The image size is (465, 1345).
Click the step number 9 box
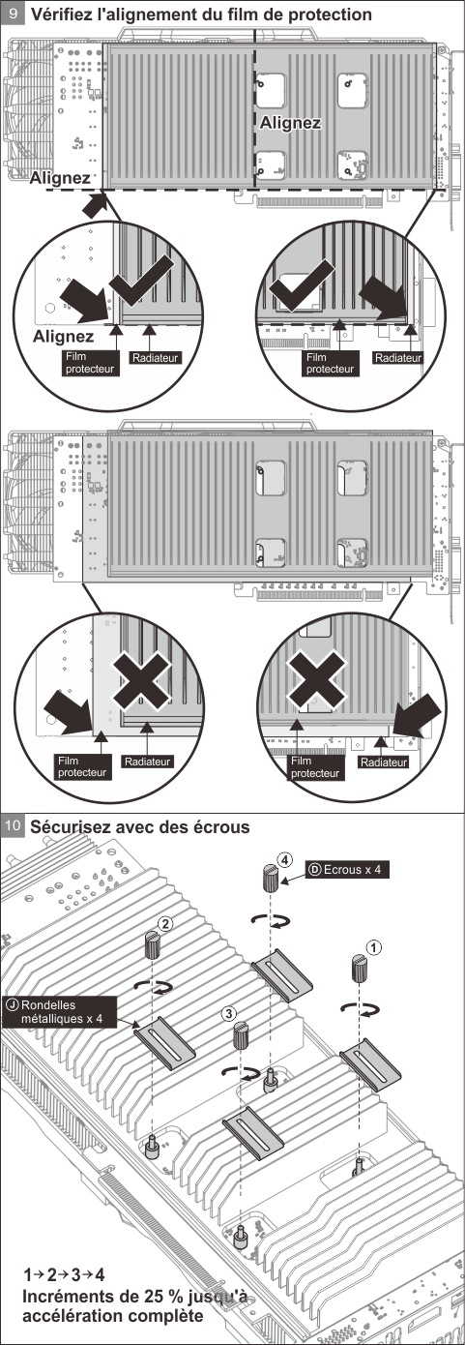point(13,15)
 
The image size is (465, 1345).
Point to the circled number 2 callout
point(166,924)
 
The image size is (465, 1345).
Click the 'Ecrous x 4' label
point(346,869)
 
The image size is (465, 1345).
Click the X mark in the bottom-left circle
point(142,681)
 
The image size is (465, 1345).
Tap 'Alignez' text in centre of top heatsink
point(289,123)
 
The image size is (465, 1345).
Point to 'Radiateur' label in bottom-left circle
point(146,762)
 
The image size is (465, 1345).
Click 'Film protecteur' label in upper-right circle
point(316,363)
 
